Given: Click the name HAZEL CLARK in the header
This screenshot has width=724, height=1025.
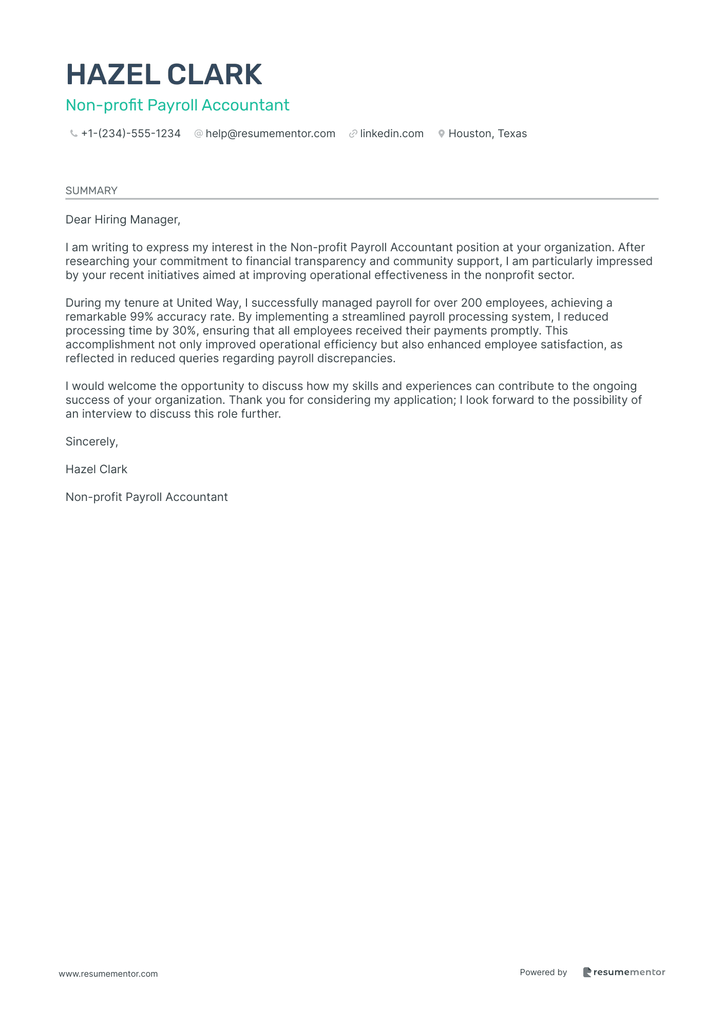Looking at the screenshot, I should [x=164, y=74].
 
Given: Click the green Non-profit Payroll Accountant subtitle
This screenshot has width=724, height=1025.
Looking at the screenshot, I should [x=177, y=105].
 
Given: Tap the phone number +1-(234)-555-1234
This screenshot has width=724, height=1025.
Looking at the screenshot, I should [x=131, y=134].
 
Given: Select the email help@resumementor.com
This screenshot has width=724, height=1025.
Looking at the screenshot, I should [x=270, y=134].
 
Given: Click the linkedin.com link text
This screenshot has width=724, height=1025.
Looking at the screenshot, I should [x=392, y=134].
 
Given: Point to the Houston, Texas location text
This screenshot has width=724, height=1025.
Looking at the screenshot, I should [x=487, y=134].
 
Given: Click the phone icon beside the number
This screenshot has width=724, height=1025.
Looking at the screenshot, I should [x=74, y=134].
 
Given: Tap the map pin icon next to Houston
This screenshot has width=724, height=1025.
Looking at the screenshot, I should [x=441, y=134].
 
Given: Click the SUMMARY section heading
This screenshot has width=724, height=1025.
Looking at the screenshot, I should [x=91, y=191].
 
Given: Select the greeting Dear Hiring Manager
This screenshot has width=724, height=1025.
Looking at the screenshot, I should [x=123, y=220].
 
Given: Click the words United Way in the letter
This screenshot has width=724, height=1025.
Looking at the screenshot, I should [x=208, y=303].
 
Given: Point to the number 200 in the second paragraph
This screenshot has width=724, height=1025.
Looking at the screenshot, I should [x=471, y=303].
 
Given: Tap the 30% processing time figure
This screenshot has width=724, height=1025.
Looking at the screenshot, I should [x=184, y=331].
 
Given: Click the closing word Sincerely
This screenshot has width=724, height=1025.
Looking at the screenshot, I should [x=91, y=442].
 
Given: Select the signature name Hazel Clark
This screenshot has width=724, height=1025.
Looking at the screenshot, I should [x=96, y=470].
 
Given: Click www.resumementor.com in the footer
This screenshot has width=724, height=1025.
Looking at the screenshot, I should [x=108, y=974].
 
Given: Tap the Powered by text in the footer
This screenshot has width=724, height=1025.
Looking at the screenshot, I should [x=543, y=973].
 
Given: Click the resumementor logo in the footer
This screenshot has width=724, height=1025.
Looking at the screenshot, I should [x=624, y=973].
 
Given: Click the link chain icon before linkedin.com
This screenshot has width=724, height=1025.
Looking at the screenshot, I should [x=353, y=134].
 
